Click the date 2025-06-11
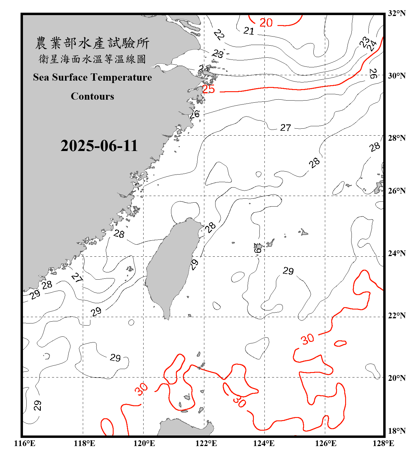tap(99, 146)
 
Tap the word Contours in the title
tap(92, 96)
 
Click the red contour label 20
tap(266, 23)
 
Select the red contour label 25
tap(208, 89)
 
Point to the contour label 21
tap(249, 31)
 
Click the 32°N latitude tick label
tap(397, 13)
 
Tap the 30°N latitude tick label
tap(397, 75)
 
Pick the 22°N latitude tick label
tap(397, 316)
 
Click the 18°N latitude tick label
tap(397, 431)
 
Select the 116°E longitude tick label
tap(24, 443)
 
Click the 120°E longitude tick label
tap(144, 443)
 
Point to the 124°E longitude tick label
tap(264, 443)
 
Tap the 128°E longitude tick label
tap(383, 443)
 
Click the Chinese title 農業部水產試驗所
tap(92, 43)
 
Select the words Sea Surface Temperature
tap(92, 77)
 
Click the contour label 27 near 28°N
tap(285, 128)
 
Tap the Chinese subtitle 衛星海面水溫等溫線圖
tap(92, 59)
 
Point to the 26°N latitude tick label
tap(397, 191)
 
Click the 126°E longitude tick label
tap(325, 443)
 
